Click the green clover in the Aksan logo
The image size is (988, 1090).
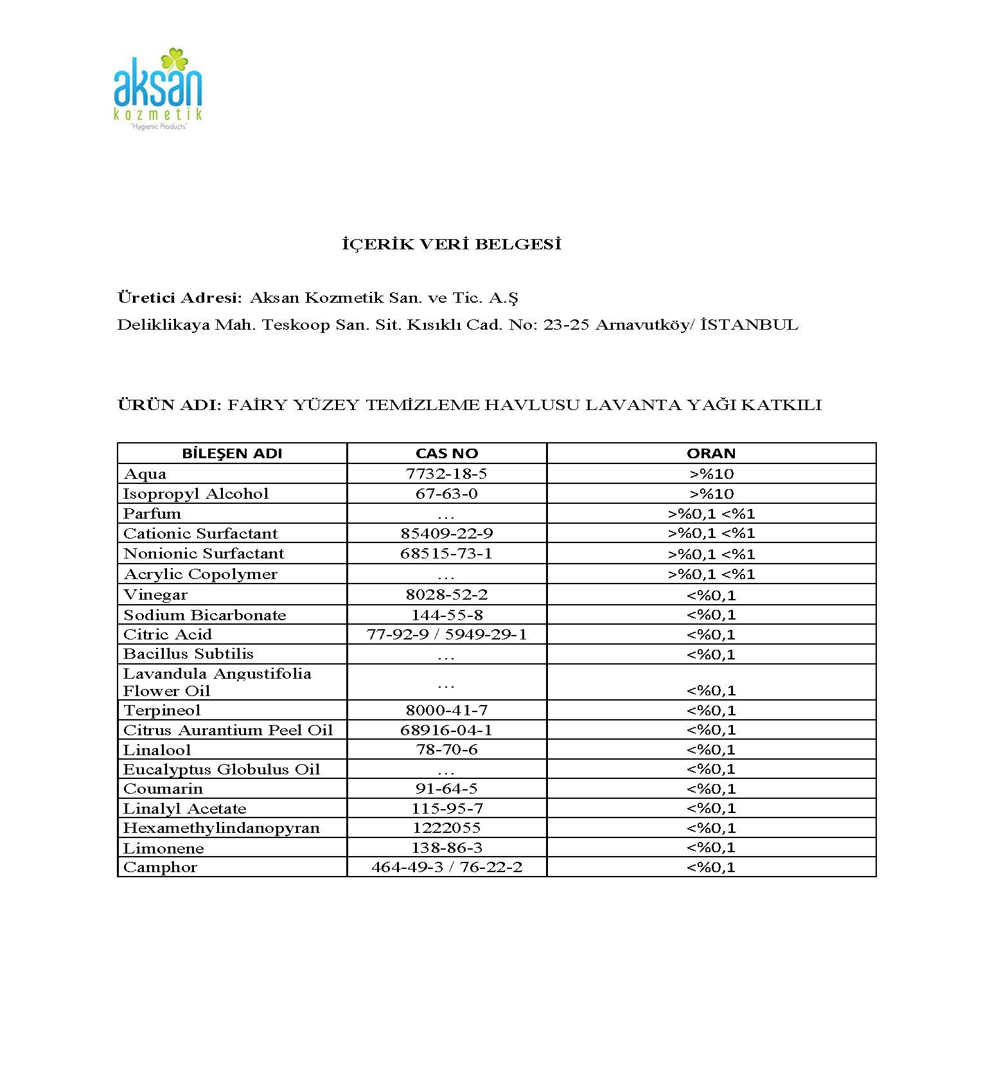(x=173, y=61)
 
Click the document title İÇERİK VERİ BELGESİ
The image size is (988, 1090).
(x=452, y=244)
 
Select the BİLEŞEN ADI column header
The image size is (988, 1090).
(x=232, y=453)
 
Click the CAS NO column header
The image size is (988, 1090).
(x=446, y=453)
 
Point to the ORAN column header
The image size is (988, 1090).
(x=711, y=453)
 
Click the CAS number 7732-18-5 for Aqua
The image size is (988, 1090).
(x=446, y=474)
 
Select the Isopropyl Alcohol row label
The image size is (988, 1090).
(x=196, y=494)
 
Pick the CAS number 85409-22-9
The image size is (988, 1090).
(x=446, y=533)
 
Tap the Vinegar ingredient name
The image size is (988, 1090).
(x=155, y=594)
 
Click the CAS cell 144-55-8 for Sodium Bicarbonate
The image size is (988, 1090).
(x=446, y=614)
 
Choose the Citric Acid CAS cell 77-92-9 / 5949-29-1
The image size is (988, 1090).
(x=446, y=634)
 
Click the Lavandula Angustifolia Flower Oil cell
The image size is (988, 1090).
(x=217, y=682)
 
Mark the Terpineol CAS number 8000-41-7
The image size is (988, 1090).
(x=446, y=710)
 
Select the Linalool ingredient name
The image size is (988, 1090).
(x=157, y=750)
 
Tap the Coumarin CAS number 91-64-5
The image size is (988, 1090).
(x=446, y=789)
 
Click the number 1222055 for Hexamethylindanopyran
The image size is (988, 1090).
(x=446, y=828)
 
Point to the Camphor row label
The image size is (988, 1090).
(x=160, y=867)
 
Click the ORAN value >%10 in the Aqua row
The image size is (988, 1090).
(x=711, y=474)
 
